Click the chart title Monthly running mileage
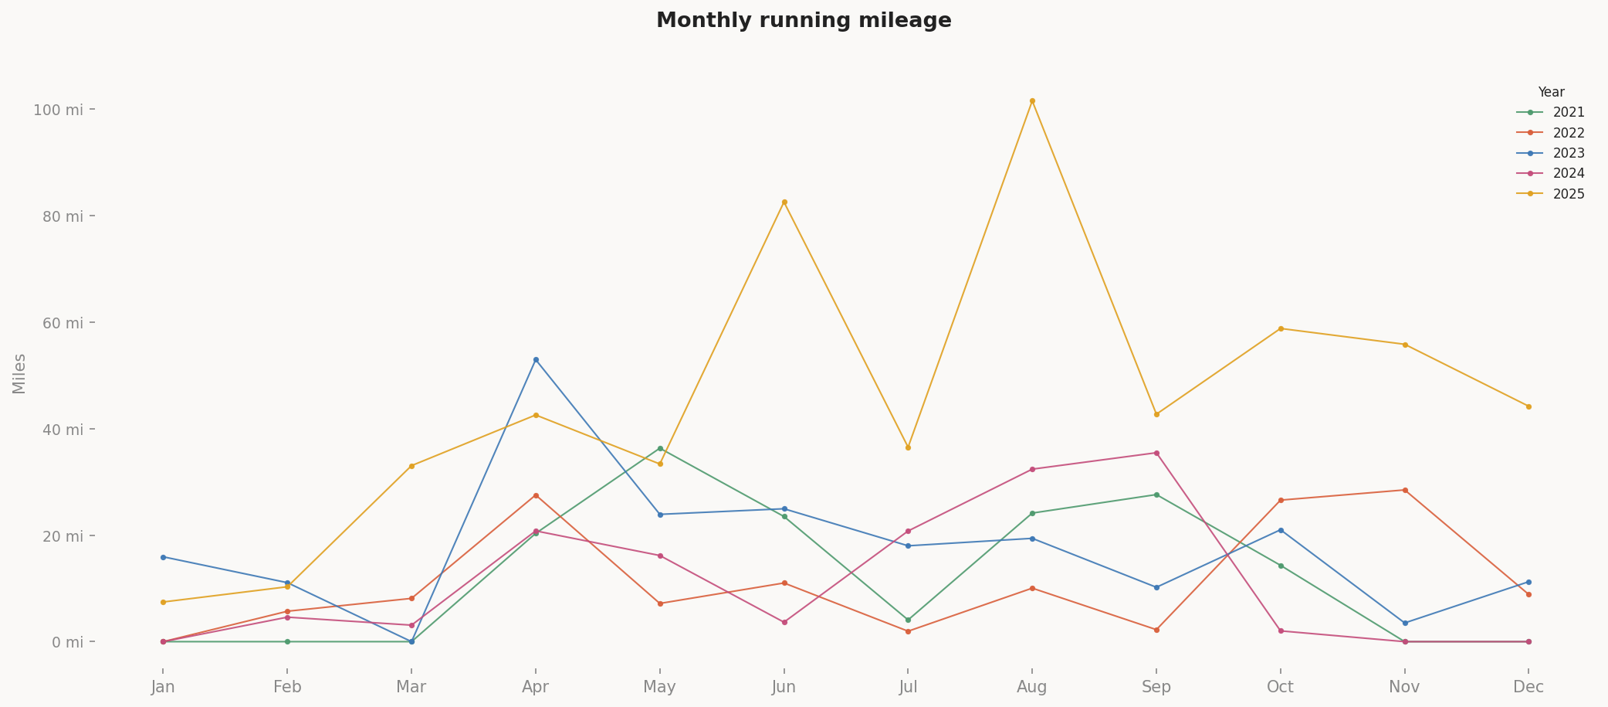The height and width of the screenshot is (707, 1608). coord(804,21)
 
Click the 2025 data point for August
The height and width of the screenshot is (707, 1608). coord(1032,101)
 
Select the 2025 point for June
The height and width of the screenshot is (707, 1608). coord(784,202)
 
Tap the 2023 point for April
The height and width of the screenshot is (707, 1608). coord(536,360)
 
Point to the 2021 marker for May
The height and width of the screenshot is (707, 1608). coord(660,448)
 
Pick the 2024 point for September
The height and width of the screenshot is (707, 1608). coord(1156,453)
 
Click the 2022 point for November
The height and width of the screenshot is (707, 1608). coord(1405,490)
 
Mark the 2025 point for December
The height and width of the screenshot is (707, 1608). coord(1528,406)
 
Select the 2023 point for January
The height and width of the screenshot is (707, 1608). coord(163,557)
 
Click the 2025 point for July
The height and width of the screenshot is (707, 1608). coord(908,447)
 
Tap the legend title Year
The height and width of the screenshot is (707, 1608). coord(1551,93)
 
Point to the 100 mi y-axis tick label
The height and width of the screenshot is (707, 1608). coord(58,110)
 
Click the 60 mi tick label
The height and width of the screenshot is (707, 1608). coord(62,323)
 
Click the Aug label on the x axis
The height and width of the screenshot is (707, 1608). coord(1032,688)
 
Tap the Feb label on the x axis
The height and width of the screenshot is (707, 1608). coord(287,688)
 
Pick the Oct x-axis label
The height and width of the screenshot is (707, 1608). coord(1281,688)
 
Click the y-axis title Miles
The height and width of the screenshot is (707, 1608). coord(19,373)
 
